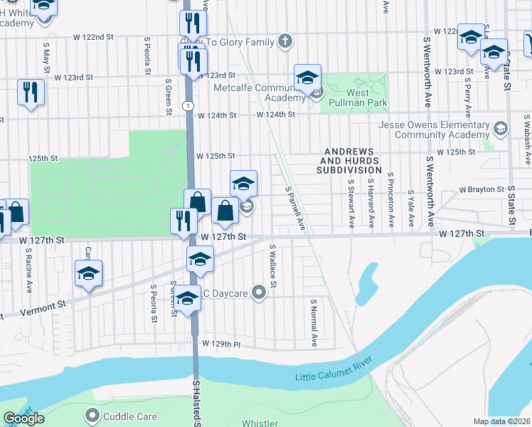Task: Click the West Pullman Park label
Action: coord(356,97)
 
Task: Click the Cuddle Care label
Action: coord(125,416)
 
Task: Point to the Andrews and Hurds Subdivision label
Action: coord(353,162)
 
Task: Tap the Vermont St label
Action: coord(42,308)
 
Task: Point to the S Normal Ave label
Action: coord(313,322)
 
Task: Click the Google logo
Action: coord(23,418)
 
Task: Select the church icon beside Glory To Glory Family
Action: coord(285,41)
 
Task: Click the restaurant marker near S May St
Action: coord(30,93)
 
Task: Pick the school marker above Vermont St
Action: coord(89,274)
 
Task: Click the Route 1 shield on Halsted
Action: coord(186,105)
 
